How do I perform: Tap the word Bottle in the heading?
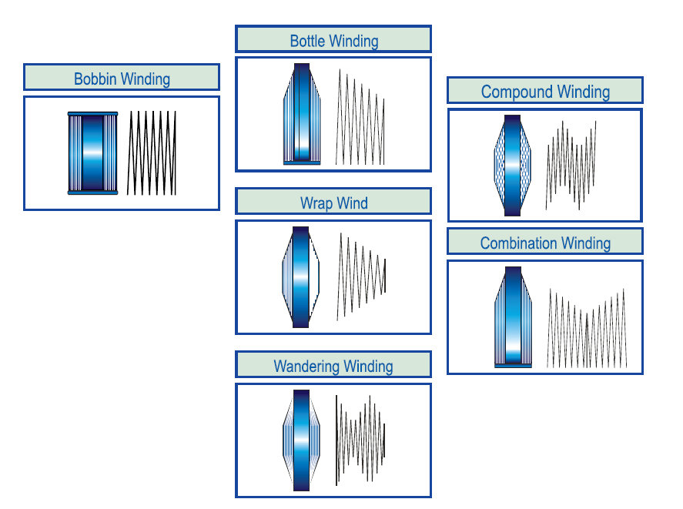click(307, 41)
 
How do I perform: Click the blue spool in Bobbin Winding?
click(92, 152)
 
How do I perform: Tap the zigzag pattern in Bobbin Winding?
click(152, 152)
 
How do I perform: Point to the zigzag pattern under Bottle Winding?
click(360, 117)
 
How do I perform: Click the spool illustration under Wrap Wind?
click(300, 277)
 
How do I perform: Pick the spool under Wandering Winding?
click(301, 440)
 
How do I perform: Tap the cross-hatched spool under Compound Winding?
click(512, 166)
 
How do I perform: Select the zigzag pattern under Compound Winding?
click(571, 163)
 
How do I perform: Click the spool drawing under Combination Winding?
click(513, 317)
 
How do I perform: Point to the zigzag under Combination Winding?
click(587, 329)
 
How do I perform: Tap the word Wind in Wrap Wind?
click(352, 204)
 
